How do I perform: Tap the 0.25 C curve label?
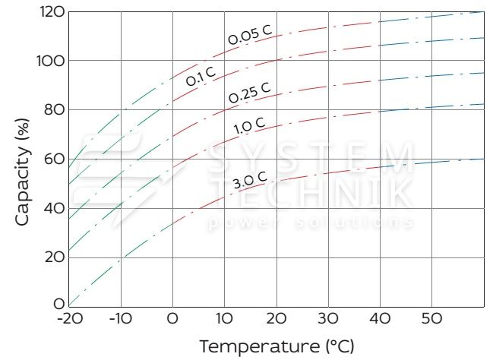[x=249, y=93]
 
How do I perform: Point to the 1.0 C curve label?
[x=249, y=123]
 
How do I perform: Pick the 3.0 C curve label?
[x=249, y=180]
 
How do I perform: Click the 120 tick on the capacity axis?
[x=50, y=11]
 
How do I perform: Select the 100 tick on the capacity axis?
[x=50, y=61]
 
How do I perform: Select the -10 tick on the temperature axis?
[x=121, y=317]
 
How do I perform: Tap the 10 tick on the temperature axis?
[x=225, y=317]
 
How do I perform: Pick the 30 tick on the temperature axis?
[x=329, y=317]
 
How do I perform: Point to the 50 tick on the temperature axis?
[x=433, y=317]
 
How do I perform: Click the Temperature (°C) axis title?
[x=277, y=346]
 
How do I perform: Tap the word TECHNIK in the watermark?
[x=311, y=194]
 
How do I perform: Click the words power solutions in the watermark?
[x=311, y=223]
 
